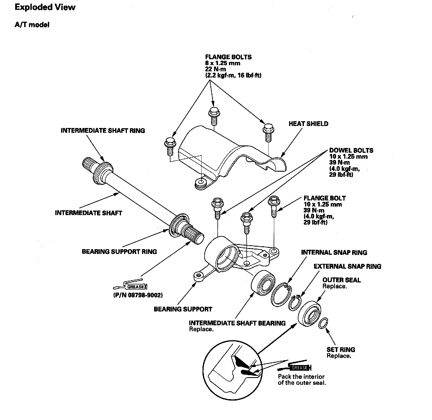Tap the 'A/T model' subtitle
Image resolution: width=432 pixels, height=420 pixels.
32,25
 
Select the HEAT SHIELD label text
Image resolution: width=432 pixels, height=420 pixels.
308,124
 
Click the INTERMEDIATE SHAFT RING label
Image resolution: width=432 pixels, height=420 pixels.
103,131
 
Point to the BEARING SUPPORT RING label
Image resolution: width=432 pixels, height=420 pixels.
119,251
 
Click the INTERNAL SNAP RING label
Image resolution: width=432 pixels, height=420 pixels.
334,252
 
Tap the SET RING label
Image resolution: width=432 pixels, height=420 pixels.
341,350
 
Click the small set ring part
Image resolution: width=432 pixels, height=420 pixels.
324,323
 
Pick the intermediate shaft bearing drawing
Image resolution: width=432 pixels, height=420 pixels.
263,283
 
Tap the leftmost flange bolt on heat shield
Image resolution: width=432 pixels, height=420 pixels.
170,146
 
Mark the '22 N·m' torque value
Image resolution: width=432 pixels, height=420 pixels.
215,69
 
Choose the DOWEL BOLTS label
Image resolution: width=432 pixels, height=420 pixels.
351,151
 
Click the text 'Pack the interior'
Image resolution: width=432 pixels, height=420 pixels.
301,377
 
